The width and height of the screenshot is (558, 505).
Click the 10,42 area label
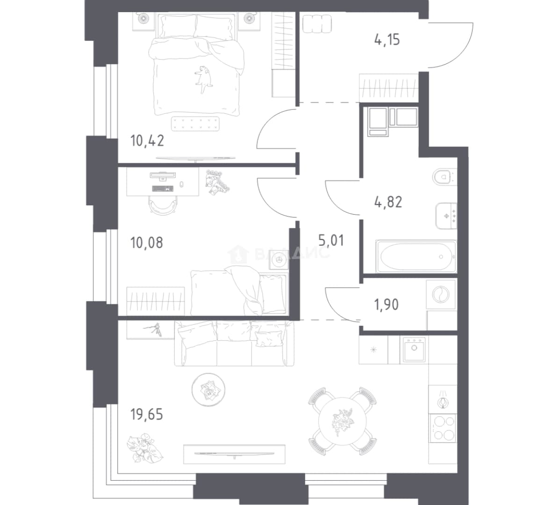coord(147,141)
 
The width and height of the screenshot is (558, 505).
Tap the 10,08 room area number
coord(147,243)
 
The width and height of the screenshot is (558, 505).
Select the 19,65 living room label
coord(147,415)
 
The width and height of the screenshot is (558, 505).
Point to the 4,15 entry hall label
coord(387,40)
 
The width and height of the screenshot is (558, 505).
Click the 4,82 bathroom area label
coord(388,202)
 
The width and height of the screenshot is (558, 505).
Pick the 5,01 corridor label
coord(331,241)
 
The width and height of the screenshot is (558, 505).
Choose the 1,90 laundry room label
coord(386,304)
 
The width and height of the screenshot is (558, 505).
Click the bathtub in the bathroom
coord(415,256)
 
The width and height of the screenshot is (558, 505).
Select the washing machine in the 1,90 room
coord(441,295)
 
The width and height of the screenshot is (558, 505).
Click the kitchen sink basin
coord(415,349)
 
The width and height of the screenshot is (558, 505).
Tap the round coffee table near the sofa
coord(208,390)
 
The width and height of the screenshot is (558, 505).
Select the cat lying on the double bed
coord(204,79)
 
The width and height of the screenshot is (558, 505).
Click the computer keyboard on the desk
coord(163,188)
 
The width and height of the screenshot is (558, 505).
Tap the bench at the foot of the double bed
coord(195,124)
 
